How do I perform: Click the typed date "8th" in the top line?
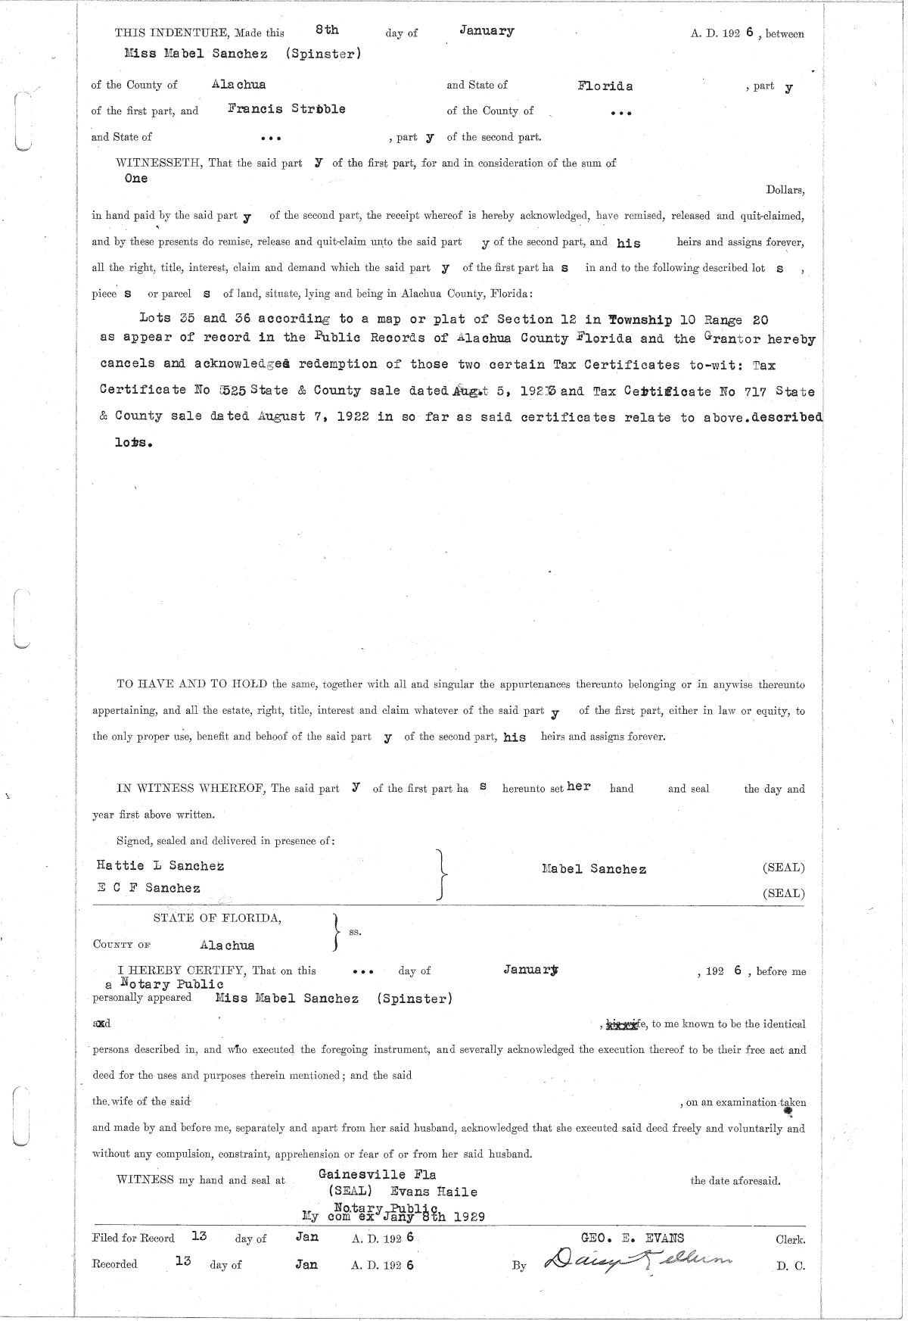click(x=327, y=30)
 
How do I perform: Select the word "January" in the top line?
click(x=487, y=31)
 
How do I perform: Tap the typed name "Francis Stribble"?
click(x=287, y=109)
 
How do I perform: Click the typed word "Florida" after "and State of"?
click(x=605, y=86)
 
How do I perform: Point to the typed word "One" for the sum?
click(x=136, y=179)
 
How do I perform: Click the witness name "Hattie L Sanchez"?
click(x=160, y=865)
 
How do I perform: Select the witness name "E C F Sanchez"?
click(x=148, y=888)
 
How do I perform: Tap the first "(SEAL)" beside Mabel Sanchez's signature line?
click(x=783, y=868)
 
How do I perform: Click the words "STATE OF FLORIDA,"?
click(x=218, y=918)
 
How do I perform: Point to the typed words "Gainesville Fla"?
click(x=378, y=1174)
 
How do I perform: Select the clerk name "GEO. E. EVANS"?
click(x=632, y=1238)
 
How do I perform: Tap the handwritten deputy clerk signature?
click(x=638, y=1260)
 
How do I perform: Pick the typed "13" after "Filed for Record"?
click(x=199, y=1236)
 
